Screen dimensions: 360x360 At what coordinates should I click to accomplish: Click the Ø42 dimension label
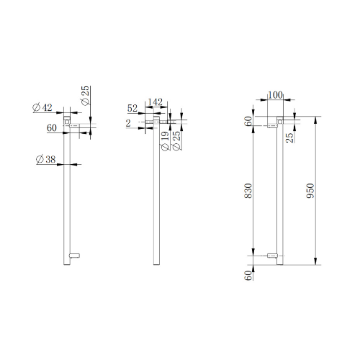[42, 107]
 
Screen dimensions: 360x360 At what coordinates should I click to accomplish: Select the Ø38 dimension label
[45, 159]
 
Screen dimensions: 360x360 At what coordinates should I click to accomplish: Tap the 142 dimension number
[156, 102]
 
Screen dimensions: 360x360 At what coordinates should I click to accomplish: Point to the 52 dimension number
[132, 108]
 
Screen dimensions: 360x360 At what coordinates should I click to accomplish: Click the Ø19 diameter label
[165, 141]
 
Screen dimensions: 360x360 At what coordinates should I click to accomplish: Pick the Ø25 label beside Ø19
[176, 141]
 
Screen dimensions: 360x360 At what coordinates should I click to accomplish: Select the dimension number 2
[128, 123]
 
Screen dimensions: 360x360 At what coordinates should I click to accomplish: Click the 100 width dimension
[275, 95]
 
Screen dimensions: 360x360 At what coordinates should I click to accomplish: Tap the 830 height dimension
[248, 191]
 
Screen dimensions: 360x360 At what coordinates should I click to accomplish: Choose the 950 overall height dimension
[310, 191]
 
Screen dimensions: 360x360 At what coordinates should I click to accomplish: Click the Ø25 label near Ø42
[85, 96]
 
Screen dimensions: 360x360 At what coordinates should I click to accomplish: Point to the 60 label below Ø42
[52, 128]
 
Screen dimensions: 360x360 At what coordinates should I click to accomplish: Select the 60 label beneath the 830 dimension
[248, 275]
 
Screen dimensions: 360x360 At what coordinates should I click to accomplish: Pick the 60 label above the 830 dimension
[248, 121]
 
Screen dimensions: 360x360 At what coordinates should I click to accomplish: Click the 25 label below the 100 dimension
[289, 138]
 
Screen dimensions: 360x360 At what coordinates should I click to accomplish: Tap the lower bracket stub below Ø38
[74, 256]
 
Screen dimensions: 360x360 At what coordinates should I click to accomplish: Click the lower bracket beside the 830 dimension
[272, 256]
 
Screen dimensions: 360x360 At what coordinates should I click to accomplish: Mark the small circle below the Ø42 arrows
[66, 122]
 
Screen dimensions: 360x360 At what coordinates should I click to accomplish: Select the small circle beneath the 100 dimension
[280, 122]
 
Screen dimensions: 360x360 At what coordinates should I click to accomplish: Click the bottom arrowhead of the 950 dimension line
[315, 261]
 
